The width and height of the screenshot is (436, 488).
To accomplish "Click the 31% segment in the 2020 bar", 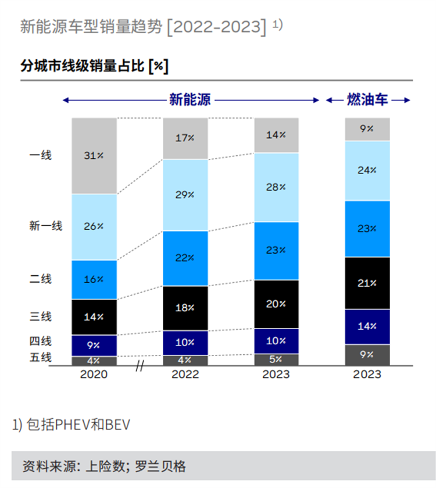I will (94, 156).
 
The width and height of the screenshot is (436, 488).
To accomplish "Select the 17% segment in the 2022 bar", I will (185, 138).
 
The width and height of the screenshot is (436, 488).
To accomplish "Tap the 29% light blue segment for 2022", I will (185, 195).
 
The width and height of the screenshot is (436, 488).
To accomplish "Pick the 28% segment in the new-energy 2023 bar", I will (276, 187).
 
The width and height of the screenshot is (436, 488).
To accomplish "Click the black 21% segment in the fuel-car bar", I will (367, 283).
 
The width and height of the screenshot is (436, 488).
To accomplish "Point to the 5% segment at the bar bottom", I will (276, 359).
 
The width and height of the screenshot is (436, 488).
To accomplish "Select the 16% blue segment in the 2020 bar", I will (94, 280).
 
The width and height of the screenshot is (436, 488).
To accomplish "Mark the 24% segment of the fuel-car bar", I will (367, 170).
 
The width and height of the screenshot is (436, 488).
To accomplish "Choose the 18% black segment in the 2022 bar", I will (185, 308).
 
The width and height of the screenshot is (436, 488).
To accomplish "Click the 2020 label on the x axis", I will (94, 375).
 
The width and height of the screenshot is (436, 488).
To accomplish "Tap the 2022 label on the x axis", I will (185, 375).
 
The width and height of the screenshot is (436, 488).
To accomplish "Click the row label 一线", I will (41, 155).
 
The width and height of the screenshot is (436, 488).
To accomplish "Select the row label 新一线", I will (45, 226).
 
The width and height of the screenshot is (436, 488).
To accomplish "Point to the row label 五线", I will (41, 357).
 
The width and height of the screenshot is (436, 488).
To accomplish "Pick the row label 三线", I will (41, 316).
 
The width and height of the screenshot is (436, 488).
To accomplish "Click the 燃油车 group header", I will (367, 100).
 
